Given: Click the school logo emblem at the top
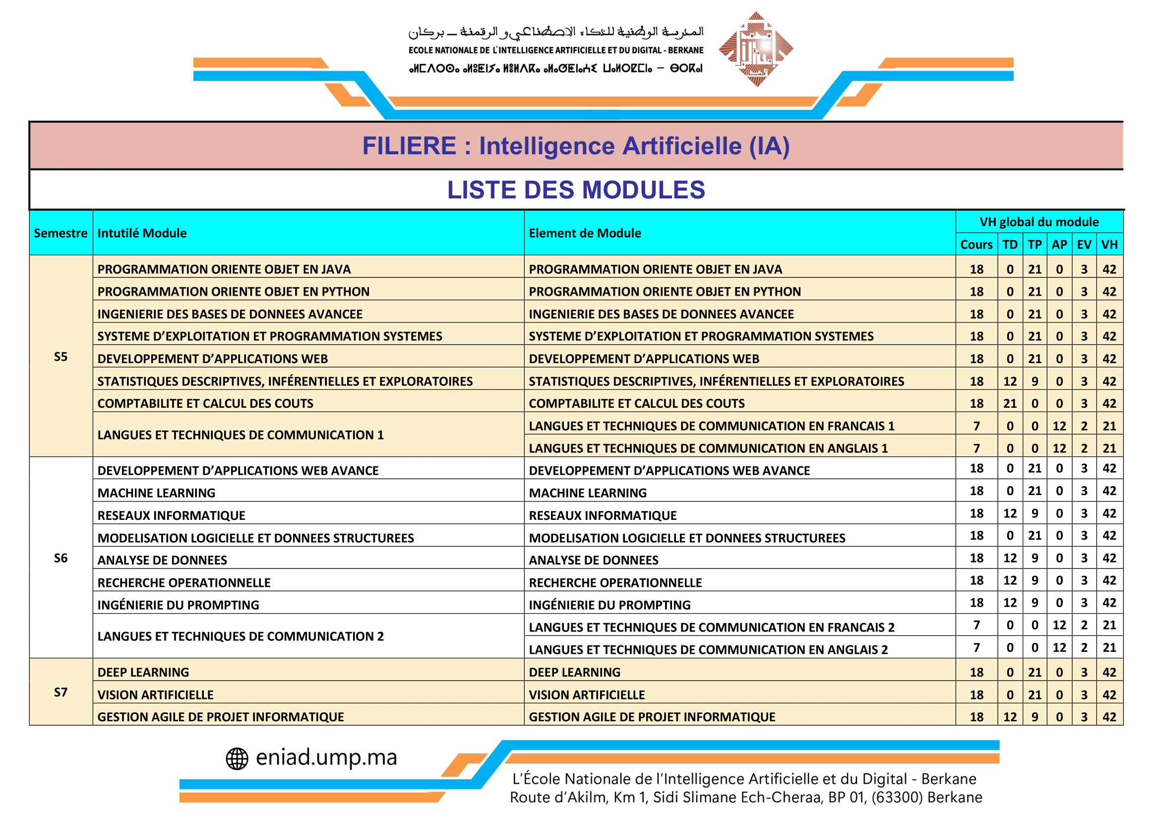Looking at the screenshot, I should [x=756, y=49].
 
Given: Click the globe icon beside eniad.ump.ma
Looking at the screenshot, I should [x=237, y=758].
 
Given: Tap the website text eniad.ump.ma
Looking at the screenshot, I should [x=326, y=757].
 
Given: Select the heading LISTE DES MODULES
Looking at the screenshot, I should [x=575, y=190].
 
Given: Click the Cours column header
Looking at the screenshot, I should [x=976, y=245].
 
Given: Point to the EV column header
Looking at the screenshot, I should [x=1084, y=245].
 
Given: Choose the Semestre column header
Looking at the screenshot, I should [x=61, y=233].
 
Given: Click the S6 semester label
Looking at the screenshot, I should [x=61, y=558].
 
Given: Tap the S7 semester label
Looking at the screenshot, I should [x=61, y=692].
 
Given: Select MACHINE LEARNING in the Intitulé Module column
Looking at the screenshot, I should [x=157, y=493].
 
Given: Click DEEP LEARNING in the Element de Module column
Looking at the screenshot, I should [x=574, y=672].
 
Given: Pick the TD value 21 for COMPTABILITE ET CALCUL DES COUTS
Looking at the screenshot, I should [x=1009, y=403].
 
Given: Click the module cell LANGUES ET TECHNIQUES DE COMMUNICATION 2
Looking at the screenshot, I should [x=241, y=636].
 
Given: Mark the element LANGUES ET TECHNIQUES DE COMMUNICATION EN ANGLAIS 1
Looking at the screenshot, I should [x=708, y=448].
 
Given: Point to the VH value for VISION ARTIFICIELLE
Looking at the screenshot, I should [x=1109, y=694].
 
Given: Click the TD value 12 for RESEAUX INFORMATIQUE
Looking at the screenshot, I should [x=1009, y=513].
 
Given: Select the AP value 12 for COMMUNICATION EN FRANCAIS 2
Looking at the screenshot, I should [x=1059, y=625].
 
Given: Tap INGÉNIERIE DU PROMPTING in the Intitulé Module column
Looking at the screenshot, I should [x=179, y=605].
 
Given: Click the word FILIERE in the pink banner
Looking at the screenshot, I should [x=409, y=146].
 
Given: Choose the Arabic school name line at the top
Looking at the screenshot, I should [x=556, y=32].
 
